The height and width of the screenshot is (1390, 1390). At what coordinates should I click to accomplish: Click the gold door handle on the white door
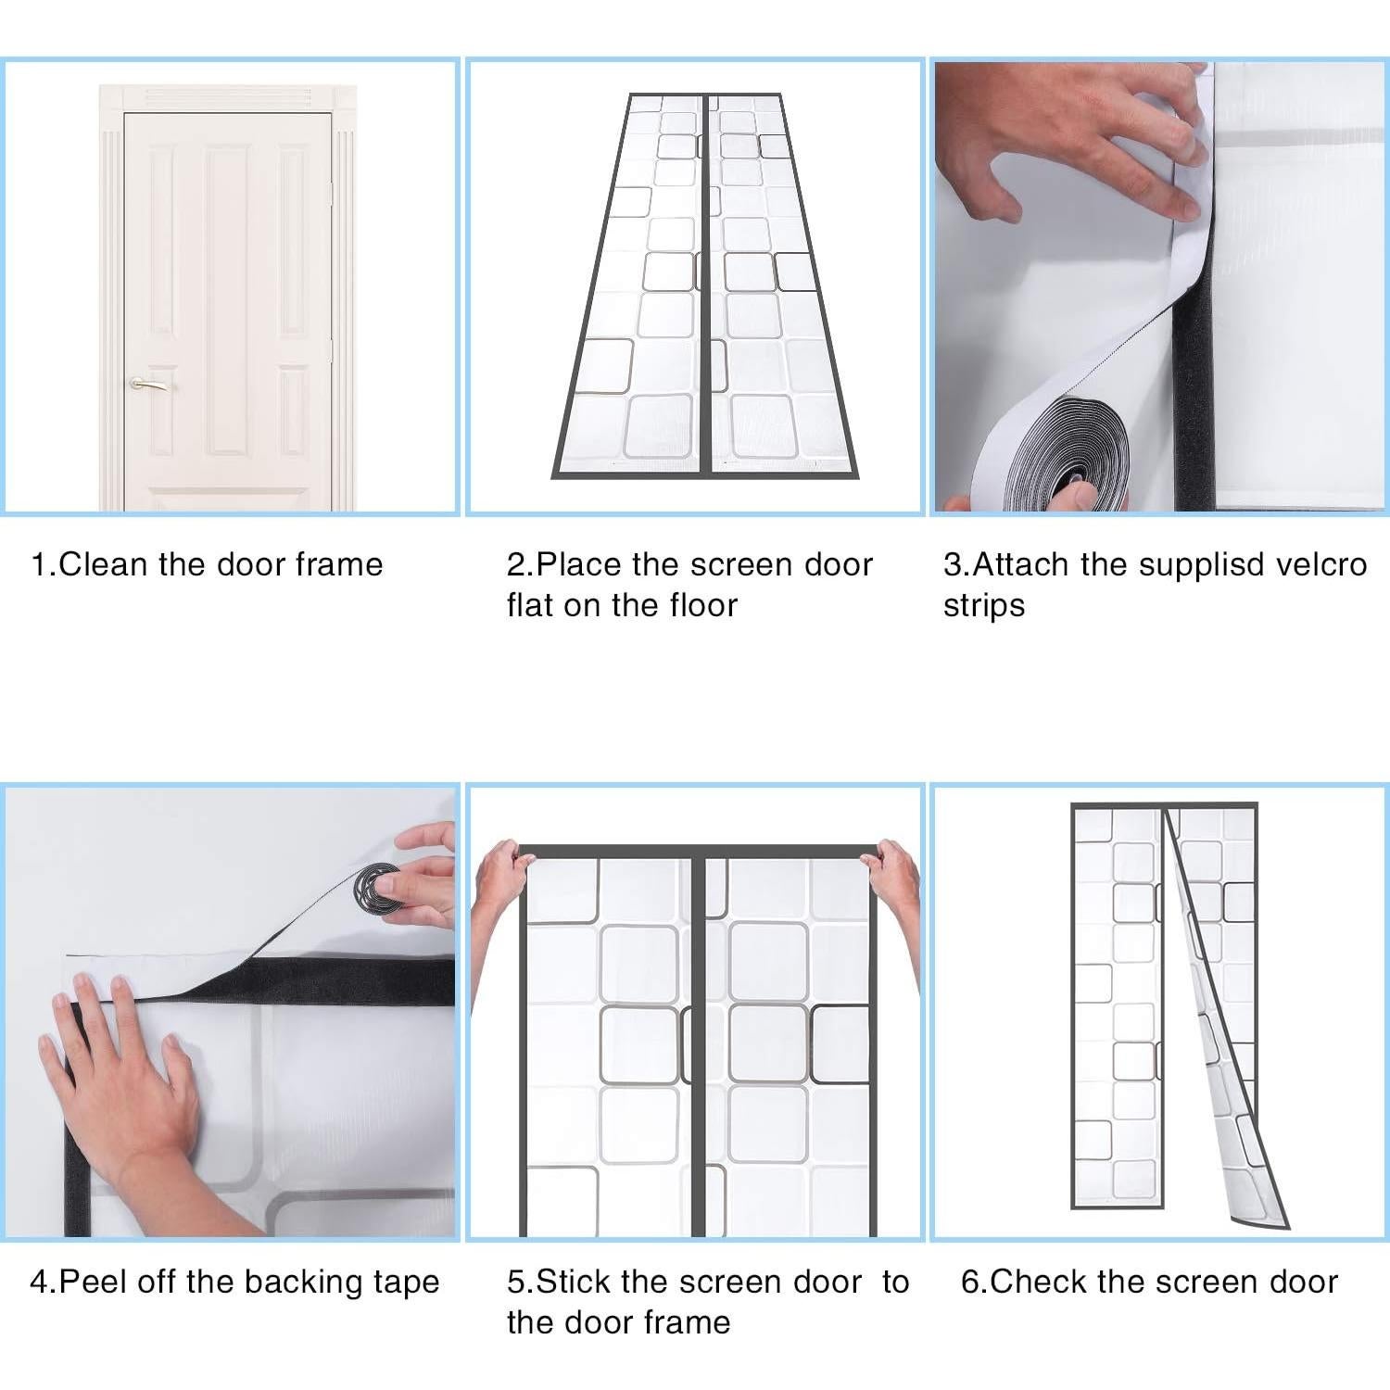pyautogui.click(x=148, y=383)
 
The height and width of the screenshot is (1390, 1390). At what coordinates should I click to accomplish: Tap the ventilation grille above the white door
pyautogui.click(x=227, y=97)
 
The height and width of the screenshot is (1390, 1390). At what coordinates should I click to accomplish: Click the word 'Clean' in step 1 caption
pyautogui.click(x=104, y=564)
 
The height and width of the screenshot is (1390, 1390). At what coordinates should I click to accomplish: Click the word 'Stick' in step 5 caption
pyautogui.click(x=575, y=1282)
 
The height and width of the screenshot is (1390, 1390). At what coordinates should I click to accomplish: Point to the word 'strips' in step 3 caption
pyautogui.click(x=984, y=605)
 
